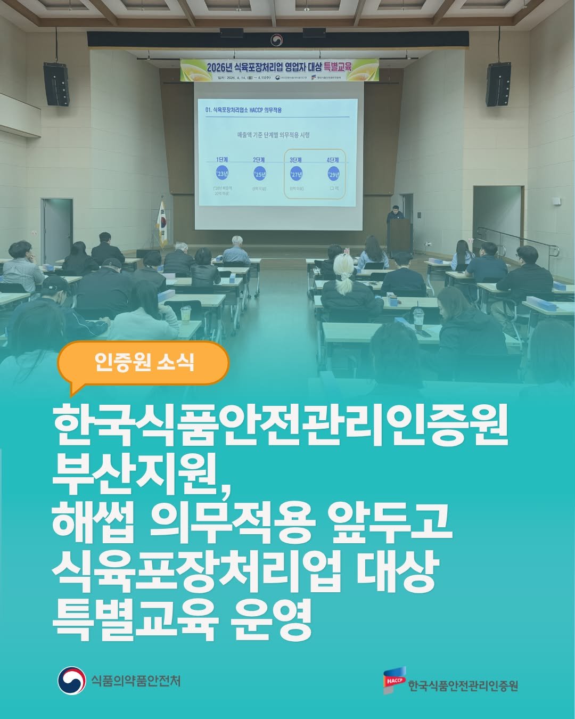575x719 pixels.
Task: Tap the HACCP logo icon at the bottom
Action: click(395, 680)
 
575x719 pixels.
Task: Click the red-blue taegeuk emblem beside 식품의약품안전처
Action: click(72, 681)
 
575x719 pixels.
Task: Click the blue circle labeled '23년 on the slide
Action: click(222, 174)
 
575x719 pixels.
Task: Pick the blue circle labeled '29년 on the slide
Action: click(334, 174)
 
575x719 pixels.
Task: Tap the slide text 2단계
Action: click(259, 160)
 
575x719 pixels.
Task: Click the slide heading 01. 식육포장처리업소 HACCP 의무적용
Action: click(243, 110)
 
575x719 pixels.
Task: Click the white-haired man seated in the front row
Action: click(236, 250)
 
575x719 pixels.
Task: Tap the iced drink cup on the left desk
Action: click(185, 314)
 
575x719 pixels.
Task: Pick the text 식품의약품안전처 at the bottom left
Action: click(136, 681)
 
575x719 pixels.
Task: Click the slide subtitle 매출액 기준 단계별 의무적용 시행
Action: click(273, 135)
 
